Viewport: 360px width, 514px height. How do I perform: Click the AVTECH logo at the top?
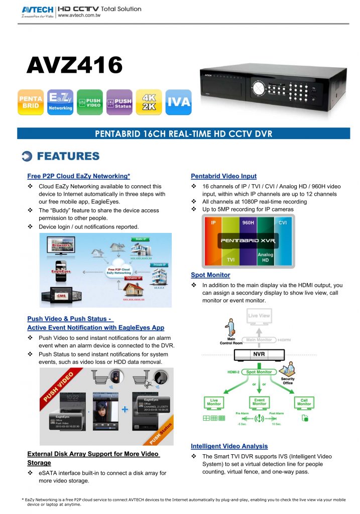[38, 10]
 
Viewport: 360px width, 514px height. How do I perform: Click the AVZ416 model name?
[74, 65]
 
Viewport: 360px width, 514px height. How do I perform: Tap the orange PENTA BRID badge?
[31, 102]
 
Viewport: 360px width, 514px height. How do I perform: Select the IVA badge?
[179, 102]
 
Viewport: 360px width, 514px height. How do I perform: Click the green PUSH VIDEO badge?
[90, 102]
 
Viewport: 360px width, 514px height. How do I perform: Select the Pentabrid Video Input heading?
[223, 176]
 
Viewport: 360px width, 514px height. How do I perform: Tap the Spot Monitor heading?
[210, 275]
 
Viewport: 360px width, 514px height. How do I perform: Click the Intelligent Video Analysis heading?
[229, 446]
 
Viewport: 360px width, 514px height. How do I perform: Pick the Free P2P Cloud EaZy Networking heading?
[78, 176]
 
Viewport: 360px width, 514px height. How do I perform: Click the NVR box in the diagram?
[259, 354]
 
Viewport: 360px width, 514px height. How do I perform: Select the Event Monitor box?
[259, 402]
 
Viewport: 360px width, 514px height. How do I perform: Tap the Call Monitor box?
[304, 402]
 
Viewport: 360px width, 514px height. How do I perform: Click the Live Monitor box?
[214, 402]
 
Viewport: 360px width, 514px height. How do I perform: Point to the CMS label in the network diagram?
[61, 296]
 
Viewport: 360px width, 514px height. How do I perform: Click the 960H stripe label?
[248, 222]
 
